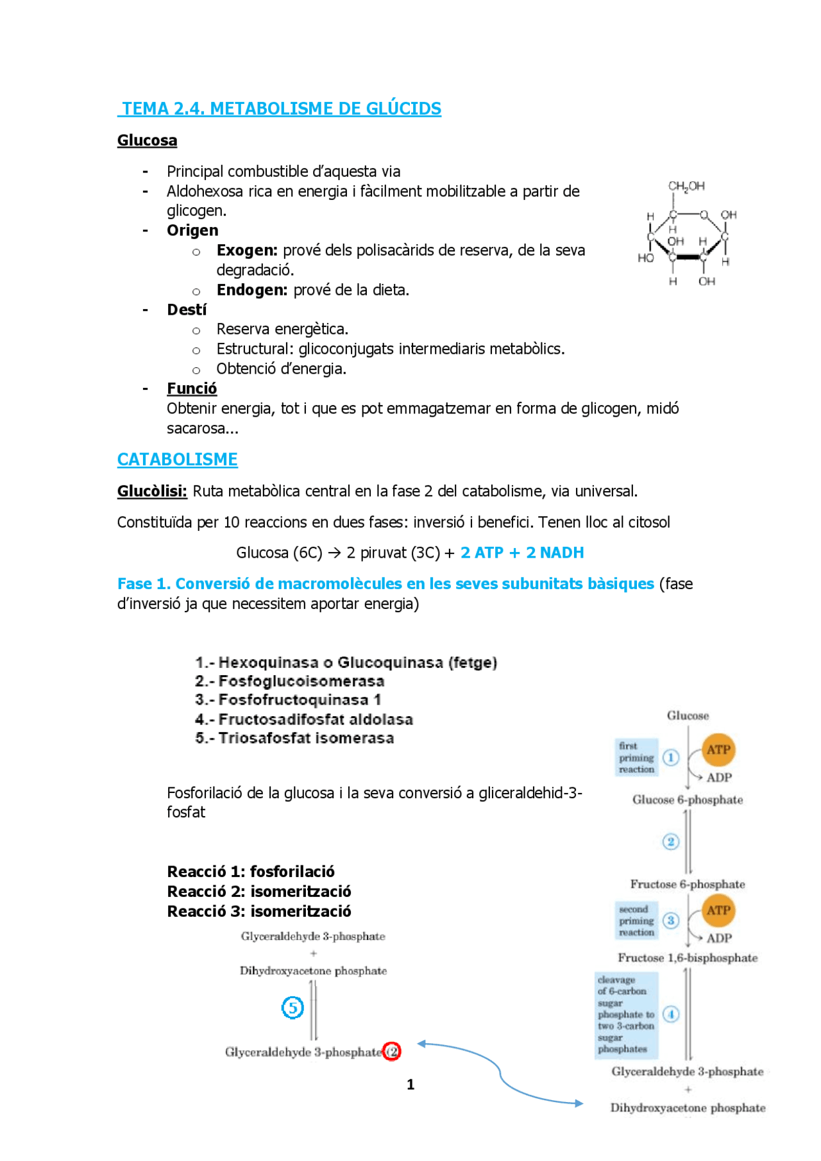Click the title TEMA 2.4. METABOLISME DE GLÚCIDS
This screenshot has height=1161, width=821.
[281, 108]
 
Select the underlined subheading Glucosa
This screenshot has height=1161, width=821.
[147, 140]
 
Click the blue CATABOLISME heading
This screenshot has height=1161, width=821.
[177, 459]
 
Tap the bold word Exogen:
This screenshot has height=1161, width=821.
[247, 250]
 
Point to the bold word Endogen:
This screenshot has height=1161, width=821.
[251, 290]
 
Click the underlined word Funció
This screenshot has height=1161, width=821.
[192, 388]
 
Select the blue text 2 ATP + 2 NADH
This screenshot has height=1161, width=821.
[521, 553]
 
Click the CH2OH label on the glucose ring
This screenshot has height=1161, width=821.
[686, 186]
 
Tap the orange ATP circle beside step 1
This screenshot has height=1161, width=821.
[718, 749]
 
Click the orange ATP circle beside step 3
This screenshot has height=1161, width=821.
[718, 910]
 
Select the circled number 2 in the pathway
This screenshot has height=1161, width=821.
[670, 842]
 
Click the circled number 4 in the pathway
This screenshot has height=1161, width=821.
[671, 1014]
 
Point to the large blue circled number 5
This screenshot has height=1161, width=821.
[292, 1007]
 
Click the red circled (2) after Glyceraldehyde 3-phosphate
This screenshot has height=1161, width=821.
[392, 1051]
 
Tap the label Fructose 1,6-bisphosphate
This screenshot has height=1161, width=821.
[688, 958]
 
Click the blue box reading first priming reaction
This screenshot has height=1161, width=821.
[636, 757]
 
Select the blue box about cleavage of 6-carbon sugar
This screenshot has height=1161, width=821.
[626, 1014]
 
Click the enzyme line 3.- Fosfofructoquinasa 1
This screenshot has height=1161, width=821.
[288, 700]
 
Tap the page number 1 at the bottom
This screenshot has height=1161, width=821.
[410, 1085]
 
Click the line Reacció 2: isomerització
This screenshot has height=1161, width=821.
[259, 892]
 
